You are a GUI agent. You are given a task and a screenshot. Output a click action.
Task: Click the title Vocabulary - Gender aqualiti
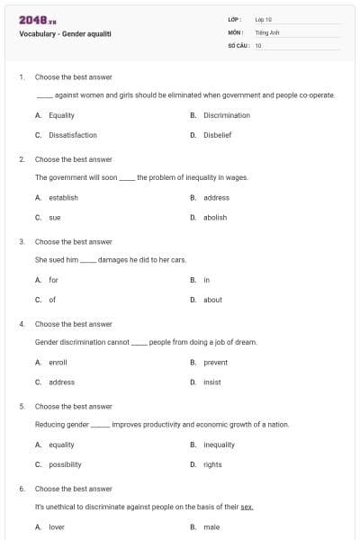point(65,33)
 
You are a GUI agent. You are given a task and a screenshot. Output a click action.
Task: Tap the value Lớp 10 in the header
point(264,19)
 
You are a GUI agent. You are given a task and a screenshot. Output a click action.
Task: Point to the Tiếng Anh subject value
point(267,31)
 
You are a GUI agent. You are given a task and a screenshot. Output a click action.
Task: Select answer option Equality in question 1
point(61,115)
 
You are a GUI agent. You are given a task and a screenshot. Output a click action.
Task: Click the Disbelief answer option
point(218,135)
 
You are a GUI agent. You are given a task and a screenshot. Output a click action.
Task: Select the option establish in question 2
point(63,197)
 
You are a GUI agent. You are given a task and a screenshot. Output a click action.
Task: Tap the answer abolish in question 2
point(215,217)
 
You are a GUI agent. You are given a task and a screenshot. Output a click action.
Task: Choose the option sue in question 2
point(55,217)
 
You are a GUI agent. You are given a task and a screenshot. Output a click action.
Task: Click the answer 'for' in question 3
point(53,280)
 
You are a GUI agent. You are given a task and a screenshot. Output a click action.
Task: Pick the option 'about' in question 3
point(212,300)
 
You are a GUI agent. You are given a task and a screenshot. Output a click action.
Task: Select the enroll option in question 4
point(58,362)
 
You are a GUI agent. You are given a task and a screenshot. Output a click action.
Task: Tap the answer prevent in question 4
point(216,362)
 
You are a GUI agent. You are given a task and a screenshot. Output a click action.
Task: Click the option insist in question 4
point(212,382)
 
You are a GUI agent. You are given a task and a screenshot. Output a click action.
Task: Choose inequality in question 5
point(219,445)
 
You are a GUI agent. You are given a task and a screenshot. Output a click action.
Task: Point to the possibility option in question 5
point(65,464)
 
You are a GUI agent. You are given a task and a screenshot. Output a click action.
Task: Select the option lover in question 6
point(57,526)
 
